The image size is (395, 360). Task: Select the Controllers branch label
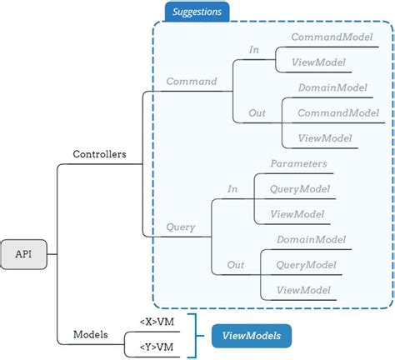[100, 154]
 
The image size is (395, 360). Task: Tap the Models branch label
[90, 334]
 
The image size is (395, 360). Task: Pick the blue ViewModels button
[251, 336]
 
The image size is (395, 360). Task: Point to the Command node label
[191, 82]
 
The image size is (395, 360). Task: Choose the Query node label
[181, 226]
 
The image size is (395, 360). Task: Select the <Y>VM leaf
[157, 346]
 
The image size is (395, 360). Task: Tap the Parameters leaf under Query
[298, 164]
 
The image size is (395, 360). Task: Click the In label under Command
[253, 50]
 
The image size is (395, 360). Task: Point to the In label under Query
[232, 189]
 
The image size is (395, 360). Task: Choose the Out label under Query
[236, 266]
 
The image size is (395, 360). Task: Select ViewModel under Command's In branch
[317, 62]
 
